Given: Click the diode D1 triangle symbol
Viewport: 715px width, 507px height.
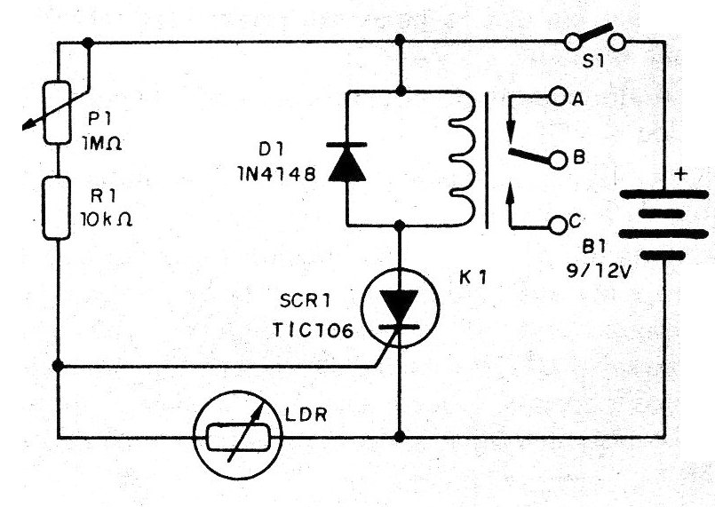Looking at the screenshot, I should tap(346, 167).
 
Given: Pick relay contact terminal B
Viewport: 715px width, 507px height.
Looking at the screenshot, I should tap(558, 160).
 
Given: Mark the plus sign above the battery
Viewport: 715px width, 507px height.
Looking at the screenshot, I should tap(681, 174).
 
